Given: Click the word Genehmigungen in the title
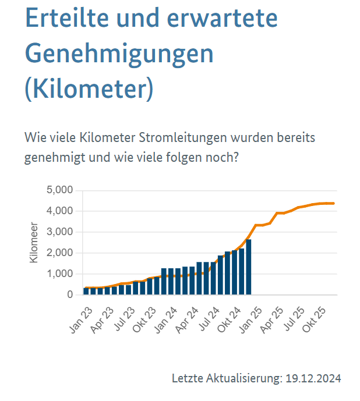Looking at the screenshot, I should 119,54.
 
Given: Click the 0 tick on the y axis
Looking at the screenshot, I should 70,295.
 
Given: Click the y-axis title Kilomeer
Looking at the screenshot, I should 34,242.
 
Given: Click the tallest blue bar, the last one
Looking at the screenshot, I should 249,268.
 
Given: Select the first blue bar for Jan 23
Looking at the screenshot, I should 86,291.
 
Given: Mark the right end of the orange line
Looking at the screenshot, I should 333,203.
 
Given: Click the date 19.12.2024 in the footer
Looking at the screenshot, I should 313,378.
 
